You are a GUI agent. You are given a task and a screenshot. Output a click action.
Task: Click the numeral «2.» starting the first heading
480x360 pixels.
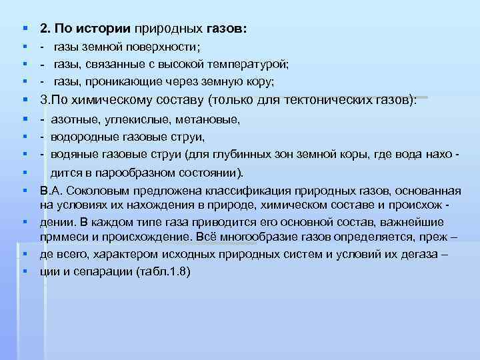pyautogui.click(x=45, y=29)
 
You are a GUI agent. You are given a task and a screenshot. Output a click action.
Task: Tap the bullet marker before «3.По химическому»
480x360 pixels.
pyautogui.click(x=24, y=100)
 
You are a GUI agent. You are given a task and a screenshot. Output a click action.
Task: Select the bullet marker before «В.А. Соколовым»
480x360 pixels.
pyautogui.click(x=24, y=189)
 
